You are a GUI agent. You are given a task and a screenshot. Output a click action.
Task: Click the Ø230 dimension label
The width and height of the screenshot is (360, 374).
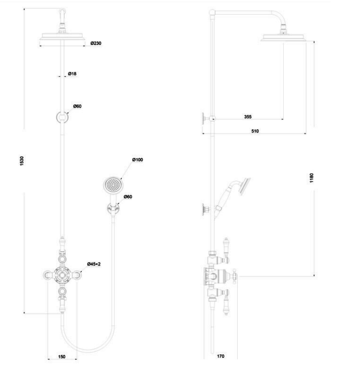point(96,43)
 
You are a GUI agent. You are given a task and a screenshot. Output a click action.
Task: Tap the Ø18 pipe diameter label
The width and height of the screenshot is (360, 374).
point(72,74)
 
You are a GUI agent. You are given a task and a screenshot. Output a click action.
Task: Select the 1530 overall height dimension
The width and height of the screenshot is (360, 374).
point(22,161)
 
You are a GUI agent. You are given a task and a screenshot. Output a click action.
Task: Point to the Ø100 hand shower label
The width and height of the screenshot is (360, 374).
point(137,160)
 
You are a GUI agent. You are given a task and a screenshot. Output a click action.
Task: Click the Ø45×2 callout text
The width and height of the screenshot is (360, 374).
point(94,264)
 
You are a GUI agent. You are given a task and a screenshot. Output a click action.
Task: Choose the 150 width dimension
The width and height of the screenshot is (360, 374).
point(62,357)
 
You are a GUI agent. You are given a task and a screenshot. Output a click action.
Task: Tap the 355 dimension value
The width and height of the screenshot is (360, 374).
point(248,117)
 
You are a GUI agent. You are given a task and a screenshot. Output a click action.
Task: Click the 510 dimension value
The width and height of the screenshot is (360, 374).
point(255,131)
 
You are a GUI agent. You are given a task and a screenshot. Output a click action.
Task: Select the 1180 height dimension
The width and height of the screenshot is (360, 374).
point(312,178)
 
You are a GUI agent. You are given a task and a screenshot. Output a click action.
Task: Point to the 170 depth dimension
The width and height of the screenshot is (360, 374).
point(221,356)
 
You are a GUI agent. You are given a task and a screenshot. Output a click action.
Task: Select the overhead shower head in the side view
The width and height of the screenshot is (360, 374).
point(283,38)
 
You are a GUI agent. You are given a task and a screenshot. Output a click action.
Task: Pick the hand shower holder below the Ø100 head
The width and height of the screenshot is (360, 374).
point(113,208)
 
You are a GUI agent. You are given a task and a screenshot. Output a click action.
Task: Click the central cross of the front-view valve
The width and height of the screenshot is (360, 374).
point(62,275)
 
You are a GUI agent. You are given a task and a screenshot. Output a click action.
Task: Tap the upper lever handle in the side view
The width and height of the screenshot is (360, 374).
point(226,248)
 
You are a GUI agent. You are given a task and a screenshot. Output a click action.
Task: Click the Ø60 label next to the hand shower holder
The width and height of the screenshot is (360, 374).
point(128,197)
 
